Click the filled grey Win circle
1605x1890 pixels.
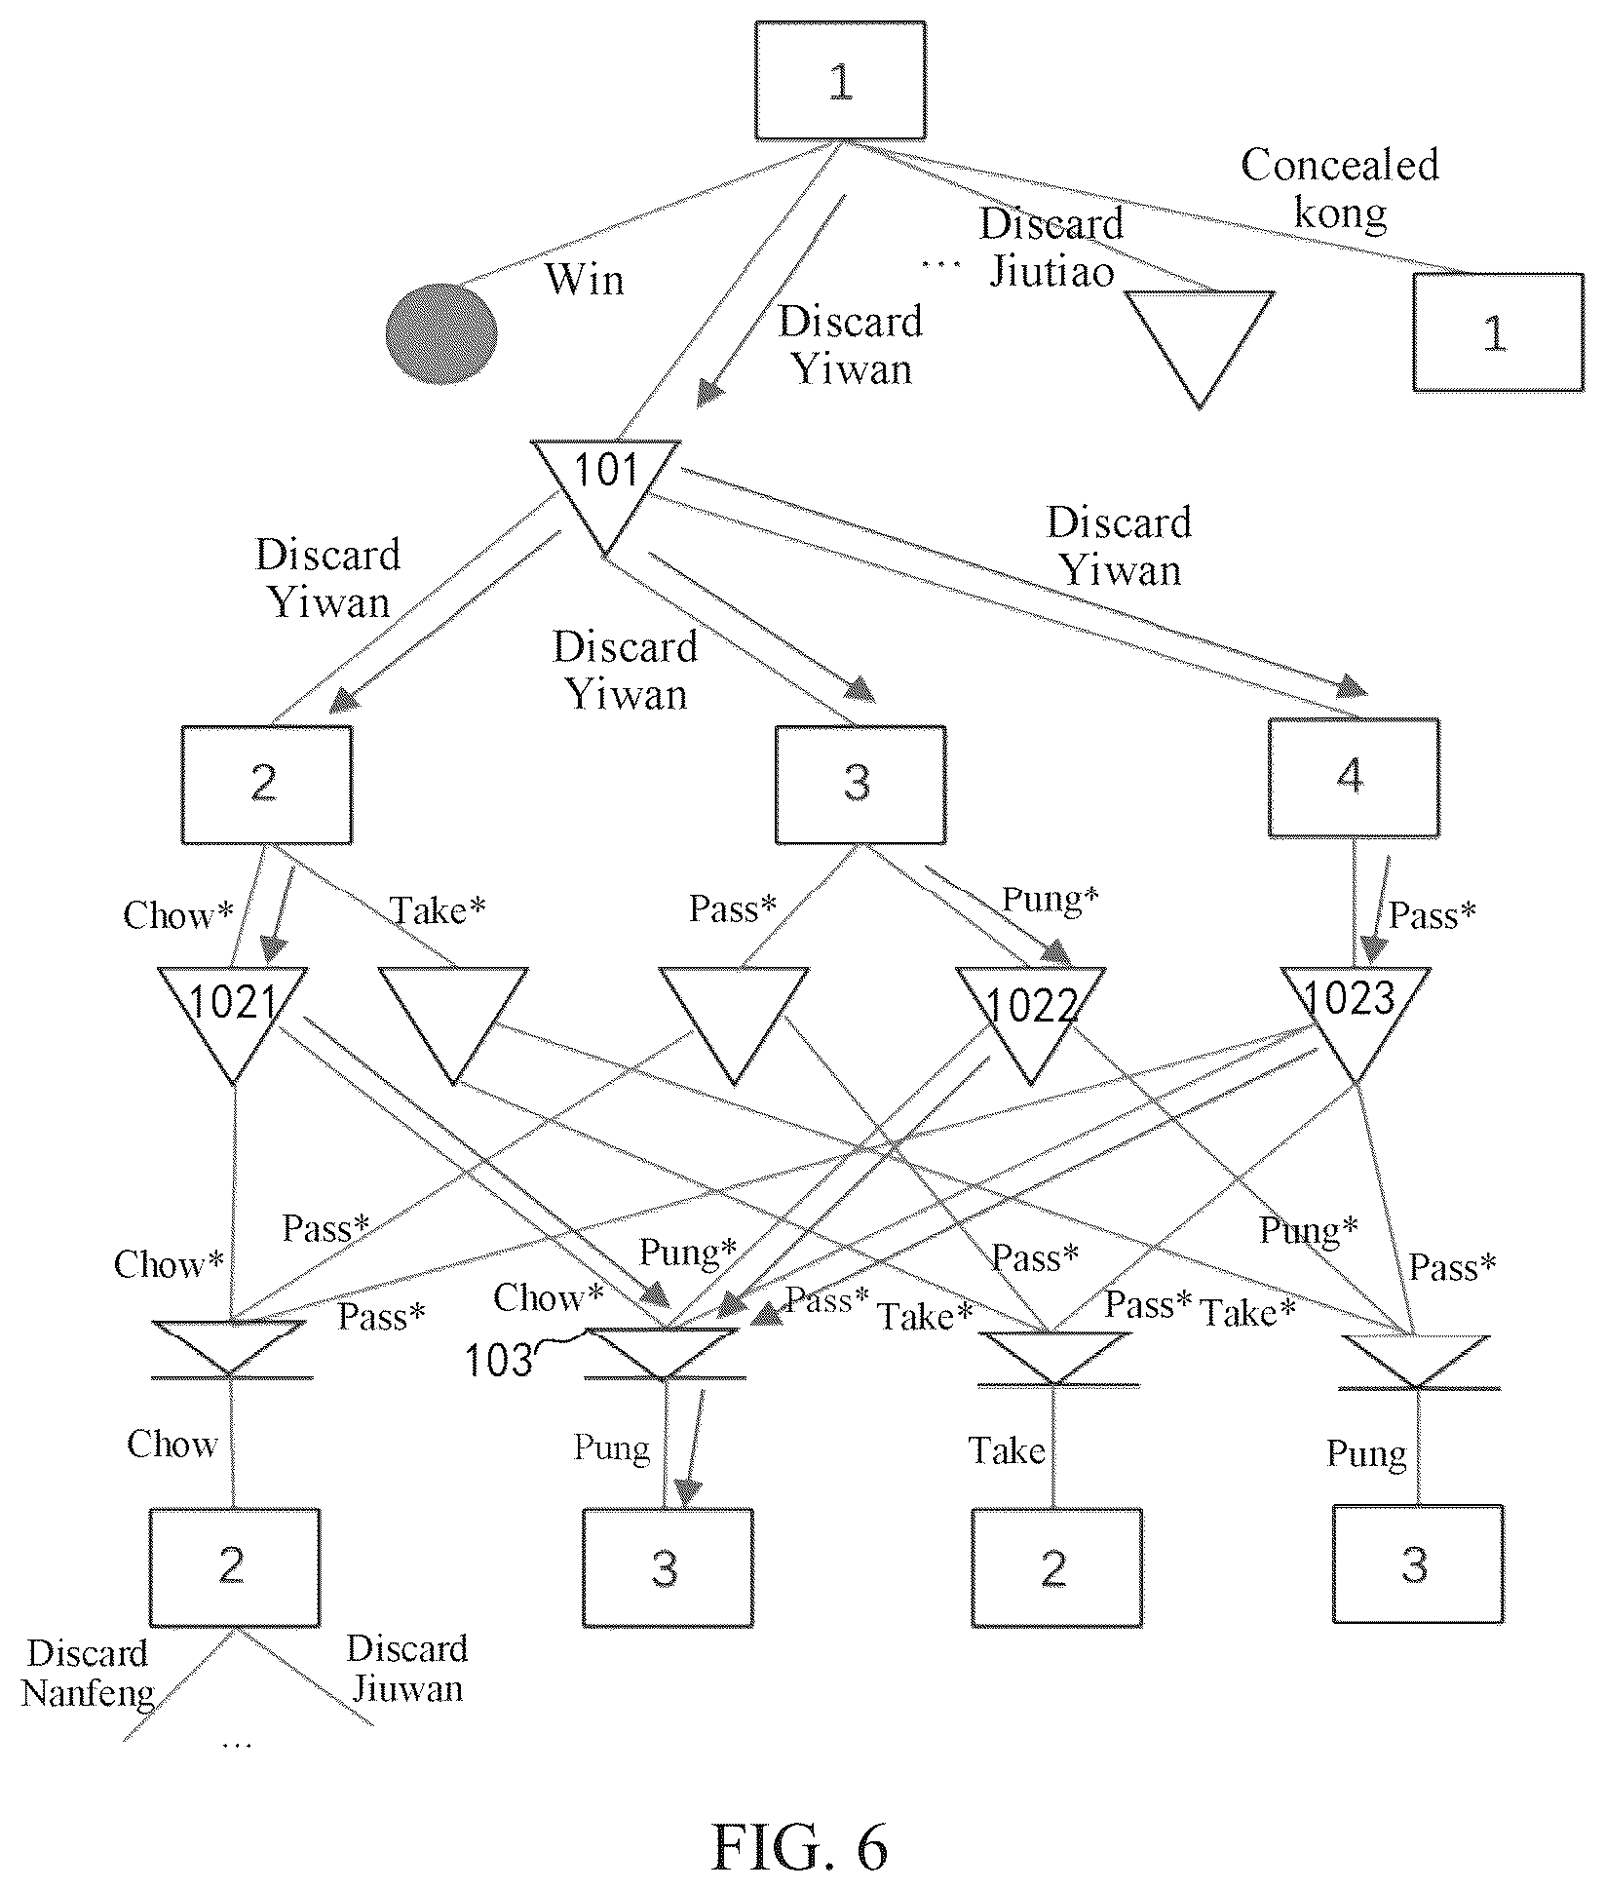[441, 333]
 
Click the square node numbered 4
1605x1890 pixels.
[1354, 778]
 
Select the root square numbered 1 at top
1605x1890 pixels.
[840, 81]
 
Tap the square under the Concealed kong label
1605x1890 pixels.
[1498, 332]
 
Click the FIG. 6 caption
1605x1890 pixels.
[800, 1845]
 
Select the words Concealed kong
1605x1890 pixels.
[1340, 188]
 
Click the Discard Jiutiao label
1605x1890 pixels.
[1051, 248]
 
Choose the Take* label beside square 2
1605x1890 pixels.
[438, 910]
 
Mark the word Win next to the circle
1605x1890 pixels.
[584, 280]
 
